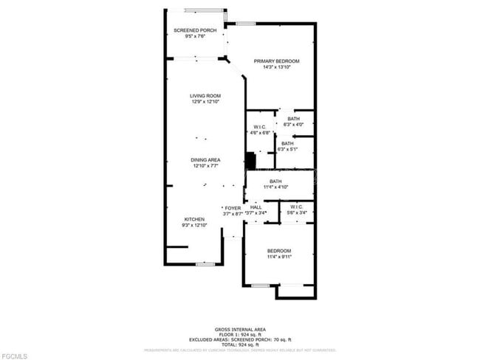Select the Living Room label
[205, 99]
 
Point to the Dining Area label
[206, 163]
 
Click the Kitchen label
[194, 222]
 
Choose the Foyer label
[233, 210]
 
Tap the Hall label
[256, 210]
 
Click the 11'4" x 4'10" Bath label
[275, 184]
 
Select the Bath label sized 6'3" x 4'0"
[294, 122]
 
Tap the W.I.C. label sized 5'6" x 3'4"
[296, 210]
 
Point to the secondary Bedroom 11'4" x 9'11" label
[279, 254]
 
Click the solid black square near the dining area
[250, 161]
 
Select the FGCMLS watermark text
[15, 356]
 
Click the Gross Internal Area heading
[240, 329]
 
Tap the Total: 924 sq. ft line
[240, 345]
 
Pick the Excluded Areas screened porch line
[240, 339]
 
